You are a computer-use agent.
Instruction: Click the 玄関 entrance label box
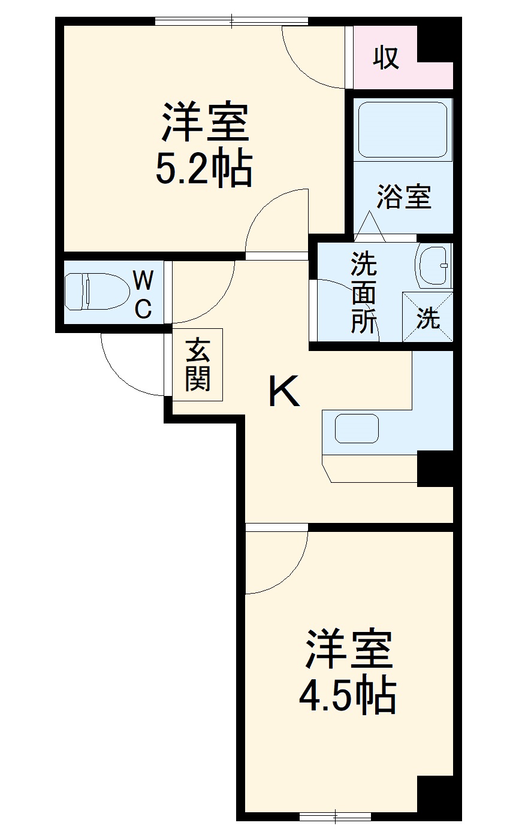coord(197,364)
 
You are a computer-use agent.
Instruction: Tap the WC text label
coord(143,294)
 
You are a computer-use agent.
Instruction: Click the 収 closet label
coord(387,58)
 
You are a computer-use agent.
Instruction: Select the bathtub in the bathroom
coord(402,129)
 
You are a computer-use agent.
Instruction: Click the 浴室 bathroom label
coord(404,197)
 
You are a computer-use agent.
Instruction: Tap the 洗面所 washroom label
coord(364,294)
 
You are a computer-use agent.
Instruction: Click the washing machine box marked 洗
coord(427,317)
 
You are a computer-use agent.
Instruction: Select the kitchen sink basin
coord(357,429)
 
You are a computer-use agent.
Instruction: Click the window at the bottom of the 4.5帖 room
coord(335,815)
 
